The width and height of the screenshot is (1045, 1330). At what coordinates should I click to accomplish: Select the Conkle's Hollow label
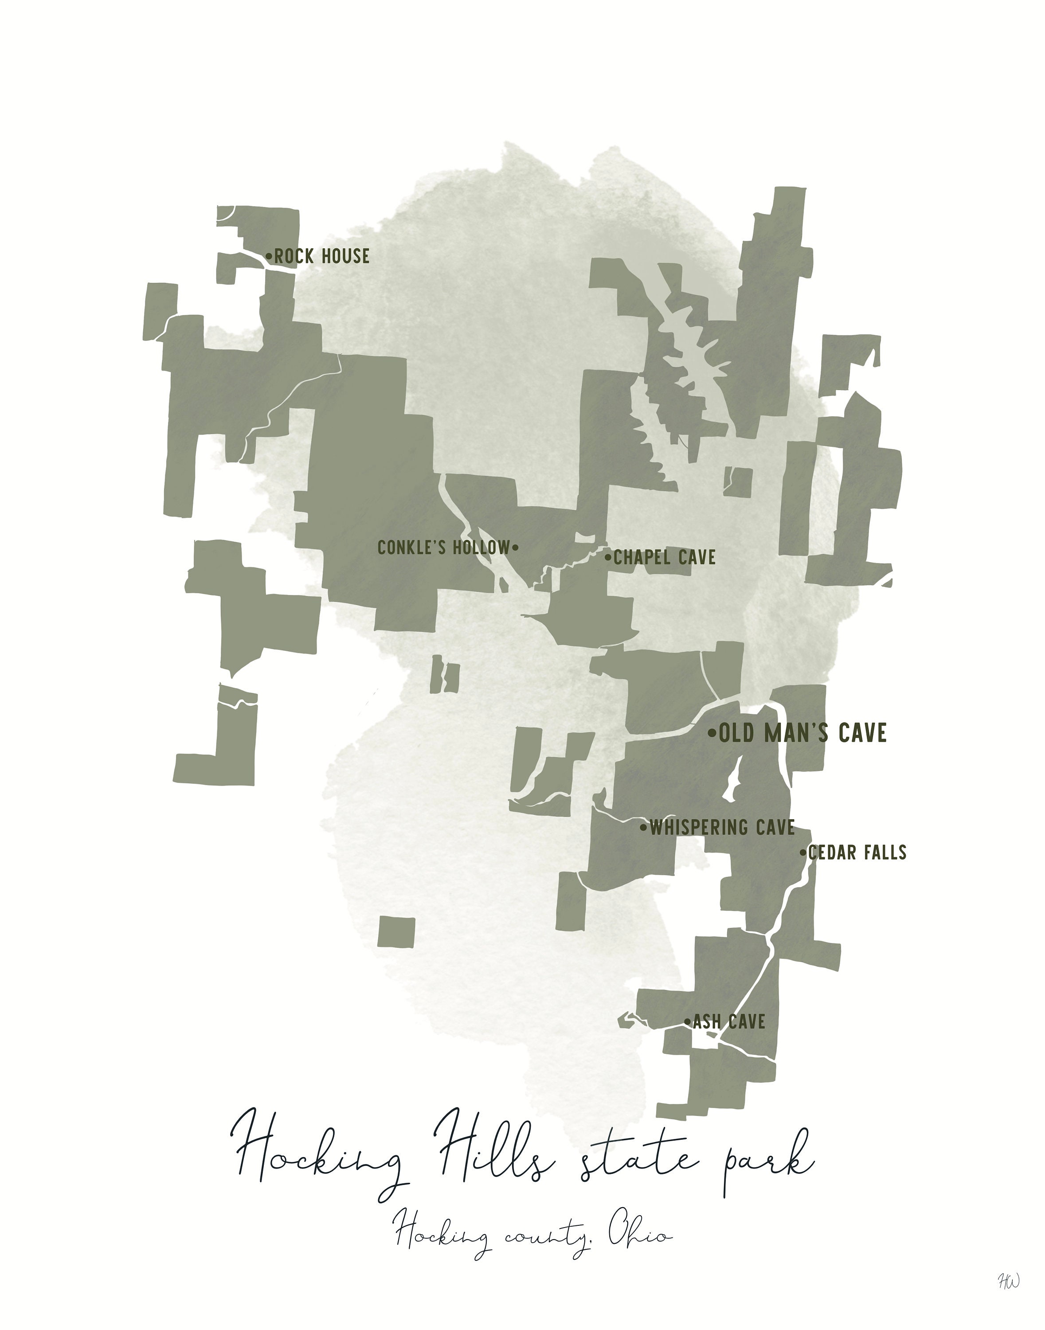pyautogui.click(x=443, y=548)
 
